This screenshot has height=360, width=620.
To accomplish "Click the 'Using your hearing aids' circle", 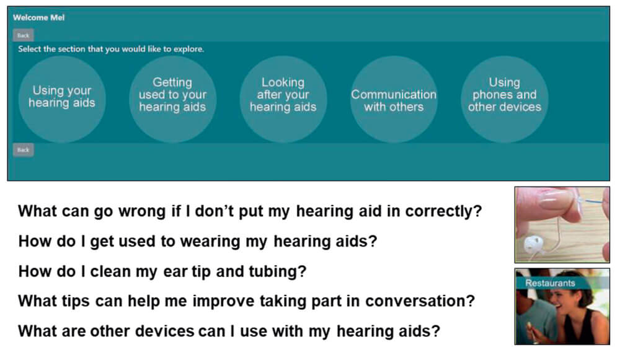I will click(x=61, y=98).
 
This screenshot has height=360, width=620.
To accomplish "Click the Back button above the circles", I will click(x=23, y=35).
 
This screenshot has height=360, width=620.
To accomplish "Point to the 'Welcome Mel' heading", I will click(x=38, y=17).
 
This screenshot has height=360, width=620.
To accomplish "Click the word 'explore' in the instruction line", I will click(x=188, y=49).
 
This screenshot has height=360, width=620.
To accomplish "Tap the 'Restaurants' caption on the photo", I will click(x=550, y=283).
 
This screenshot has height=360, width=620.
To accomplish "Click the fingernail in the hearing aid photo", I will click(x=555, y=198).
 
